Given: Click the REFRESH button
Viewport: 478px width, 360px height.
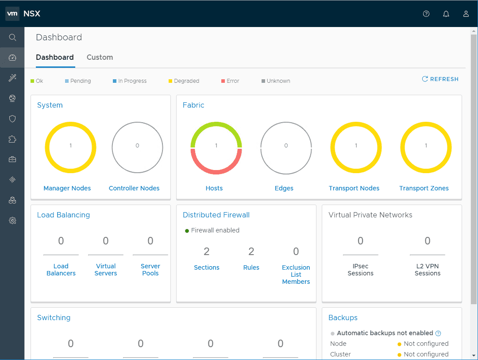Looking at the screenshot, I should (440, 79).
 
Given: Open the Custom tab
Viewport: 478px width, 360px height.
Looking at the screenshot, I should (100, 57).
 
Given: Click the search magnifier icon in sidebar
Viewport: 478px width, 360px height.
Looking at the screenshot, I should (12, 38).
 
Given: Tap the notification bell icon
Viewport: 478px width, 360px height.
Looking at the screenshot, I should (446, 14).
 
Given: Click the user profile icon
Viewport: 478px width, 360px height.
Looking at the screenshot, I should (466, 14).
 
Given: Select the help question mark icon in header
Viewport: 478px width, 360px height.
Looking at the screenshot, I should (426, 14).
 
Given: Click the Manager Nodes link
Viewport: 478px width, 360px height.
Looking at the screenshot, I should (67, 188).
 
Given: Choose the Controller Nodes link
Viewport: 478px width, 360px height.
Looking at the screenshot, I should (134, 188).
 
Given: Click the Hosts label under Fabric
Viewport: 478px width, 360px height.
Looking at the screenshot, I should (214, 188).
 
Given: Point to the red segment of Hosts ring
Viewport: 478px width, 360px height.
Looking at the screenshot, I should (216, 170).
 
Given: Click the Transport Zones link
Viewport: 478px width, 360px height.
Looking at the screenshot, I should (424, 188).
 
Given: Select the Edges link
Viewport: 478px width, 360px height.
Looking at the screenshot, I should (284, 188).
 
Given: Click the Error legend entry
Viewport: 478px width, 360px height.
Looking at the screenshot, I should (230, 81).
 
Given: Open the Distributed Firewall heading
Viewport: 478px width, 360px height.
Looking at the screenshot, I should (216, 215).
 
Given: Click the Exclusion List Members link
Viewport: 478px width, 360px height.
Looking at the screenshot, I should (296, 275).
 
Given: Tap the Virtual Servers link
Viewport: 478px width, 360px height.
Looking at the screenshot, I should (106, 270).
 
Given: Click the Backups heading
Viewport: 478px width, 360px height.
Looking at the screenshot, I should (343, 317).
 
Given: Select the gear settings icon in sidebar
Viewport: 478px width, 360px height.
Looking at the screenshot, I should (12, 221).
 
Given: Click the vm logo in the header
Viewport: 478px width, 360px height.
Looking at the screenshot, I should (12, 14).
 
